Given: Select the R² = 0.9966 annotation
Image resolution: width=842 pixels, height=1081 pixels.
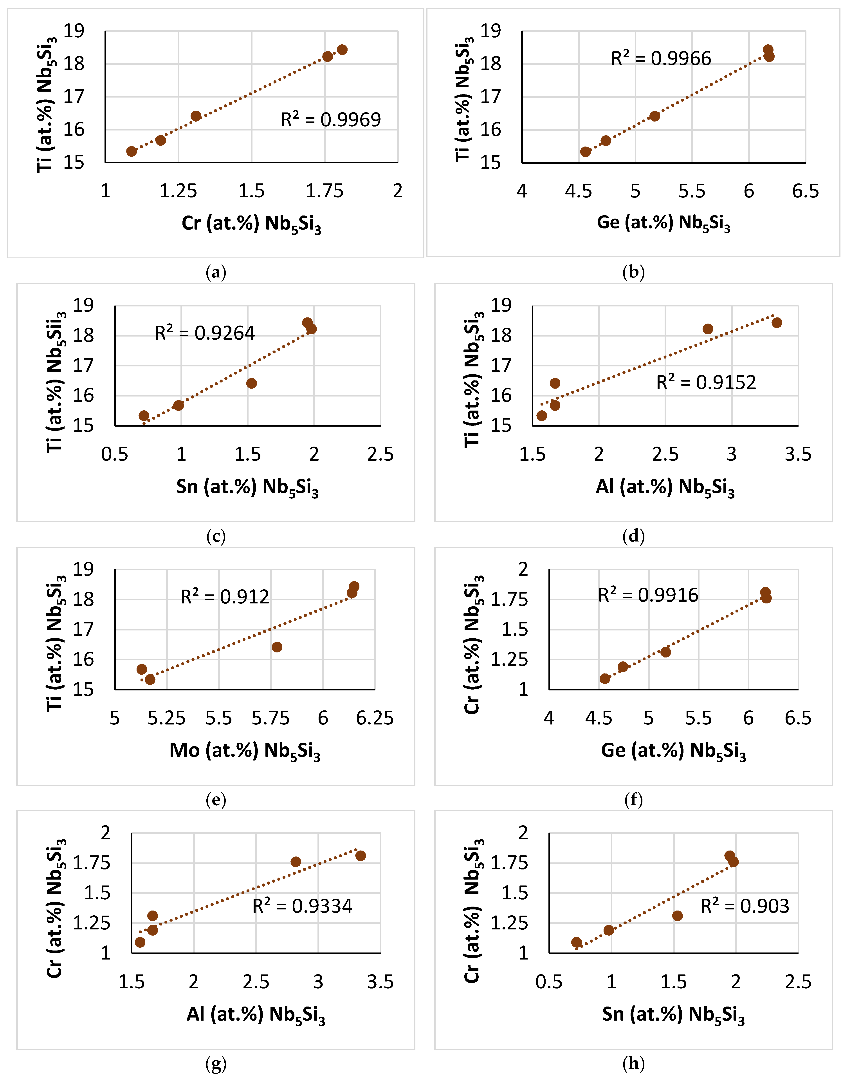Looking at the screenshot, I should (x=661, y=58).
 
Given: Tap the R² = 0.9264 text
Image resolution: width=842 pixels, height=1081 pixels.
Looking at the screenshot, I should (x=205, y=333).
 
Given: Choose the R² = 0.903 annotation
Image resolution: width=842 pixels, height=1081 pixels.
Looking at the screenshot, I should (x=745, y=906).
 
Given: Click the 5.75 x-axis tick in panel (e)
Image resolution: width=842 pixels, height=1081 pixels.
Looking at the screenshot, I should (x=271, y=718).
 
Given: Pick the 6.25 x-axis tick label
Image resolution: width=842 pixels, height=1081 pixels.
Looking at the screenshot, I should (x=375, y=718).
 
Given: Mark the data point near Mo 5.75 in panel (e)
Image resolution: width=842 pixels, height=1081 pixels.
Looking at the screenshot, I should (x=277, y=647).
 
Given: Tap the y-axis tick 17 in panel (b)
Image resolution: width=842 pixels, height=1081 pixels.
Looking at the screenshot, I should (x=491, y=96).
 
